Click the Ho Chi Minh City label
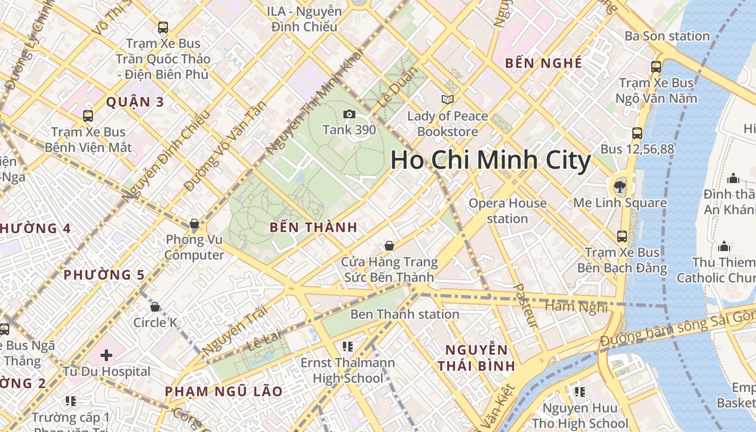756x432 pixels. [x=490, y=160]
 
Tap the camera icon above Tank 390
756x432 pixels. [x=349, y=114]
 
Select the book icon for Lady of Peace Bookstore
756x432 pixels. [x=448, y=99]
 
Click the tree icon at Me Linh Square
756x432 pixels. [x=619, y=187]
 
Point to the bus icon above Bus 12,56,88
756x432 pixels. [x=637, y=133]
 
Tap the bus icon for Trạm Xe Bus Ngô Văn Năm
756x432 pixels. [x=656, y=66]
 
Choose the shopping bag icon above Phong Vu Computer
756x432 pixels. [x=194, y=224]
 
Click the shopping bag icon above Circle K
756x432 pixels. [x=155, y=307]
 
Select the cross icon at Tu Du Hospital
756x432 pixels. [x=106, y=355]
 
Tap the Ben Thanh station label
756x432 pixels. [x=405, y=314]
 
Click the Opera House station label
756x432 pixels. [x=508, y=211]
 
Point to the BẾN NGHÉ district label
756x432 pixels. [x=543, y=63]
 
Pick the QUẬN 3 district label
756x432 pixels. [x=134, y=102]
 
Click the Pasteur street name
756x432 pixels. [x=525, y=306]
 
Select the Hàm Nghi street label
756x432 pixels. [x=576, y=306]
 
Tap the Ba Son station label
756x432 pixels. [x=667, y=36]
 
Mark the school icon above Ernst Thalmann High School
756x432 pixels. [x=348, y=346]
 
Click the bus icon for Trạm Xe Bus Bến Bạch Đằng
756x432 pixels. [x=622, y=236]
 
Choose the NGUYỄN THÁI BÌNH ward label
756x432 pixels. [x=476, y=357]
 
